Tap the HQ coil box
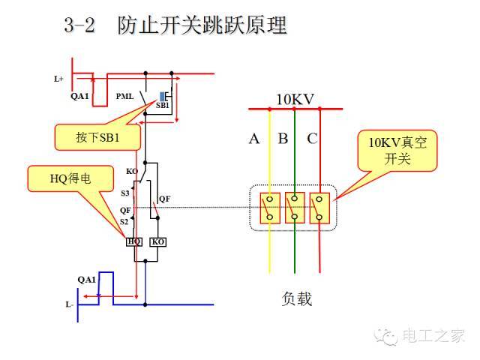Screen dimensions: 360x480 tap(135, 241)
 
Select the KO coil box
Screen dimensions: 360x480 tap(157, 241)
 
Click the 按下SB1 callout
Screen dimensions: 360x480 tap(97, 138)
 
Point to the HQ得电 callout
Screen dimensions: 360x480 tap(69, 178)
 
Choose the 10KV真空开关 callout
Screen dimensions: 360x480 tap(396, 151)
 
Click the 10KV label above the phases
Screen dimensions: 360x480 tap(295, 99)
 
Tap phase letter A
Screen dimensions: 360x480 tap(254, 139)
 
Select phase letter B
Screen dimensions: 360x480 tap(283, 139)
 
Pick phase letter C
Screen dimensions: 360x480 tap(312, 139)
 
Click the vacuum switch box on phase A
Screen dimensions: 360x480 tap(269, 208)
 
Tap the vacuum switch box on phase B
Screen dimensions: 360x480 tap(295, 208)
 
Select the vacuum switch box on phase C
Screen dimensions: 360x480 tap(320, 208)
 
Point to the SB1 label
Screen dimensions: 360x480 tap(163, 106)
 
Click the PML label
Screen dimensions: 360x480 tap(125, 96)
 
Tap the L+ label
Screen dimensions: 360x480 tap(58, 78)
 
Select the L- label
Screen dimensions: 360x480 tap(69, 304)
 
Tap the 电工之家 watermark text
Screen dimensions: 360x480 tap(433, 335)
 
